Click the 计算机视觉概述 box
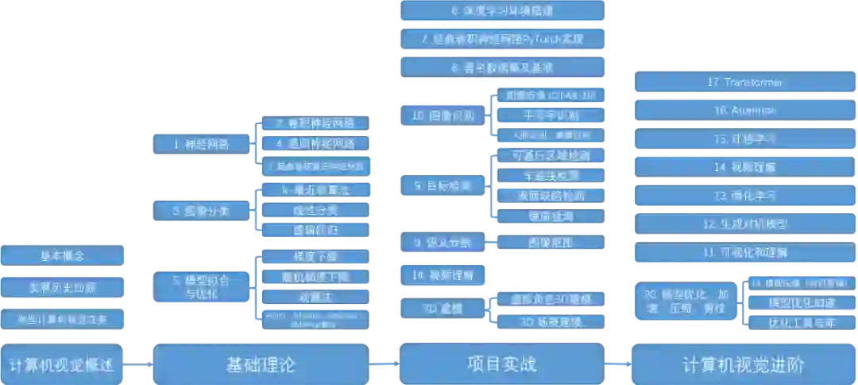(62, 366)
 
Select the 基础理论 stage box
(261, 364)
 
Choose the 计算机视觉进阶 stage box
(743, 364)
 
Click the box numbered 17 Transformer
(743, 82)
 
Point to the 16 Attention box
(743, 111)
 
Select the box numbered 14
(743, 167)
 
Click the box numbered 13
(743, 196)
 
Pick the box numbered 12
(743, 224)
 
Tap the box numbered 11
(743, 253)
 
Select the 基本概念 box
(63, 255)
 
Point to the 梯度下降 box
(315, 257)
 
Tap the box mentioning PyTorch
(502, 38)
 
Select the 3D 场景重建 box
(551, 322)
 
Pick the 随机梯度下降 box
(315, 277)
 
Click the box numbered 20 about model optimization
(685, 301)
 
